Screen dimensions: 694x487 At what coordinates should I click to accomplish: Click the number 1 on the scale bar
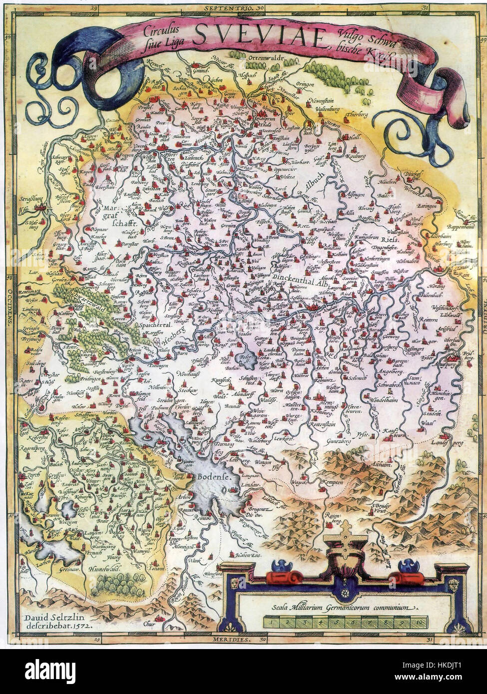click(271, 622)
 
